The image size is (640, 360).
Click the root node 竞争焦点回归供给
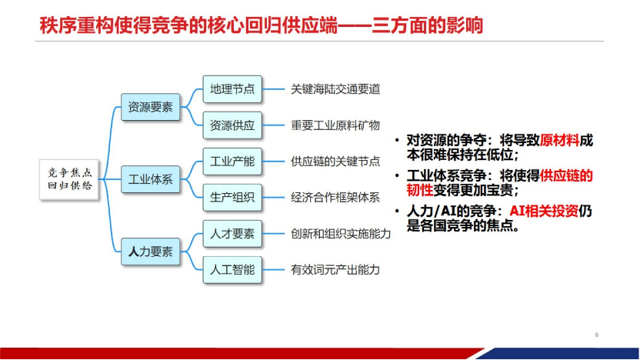(x=70, y=181)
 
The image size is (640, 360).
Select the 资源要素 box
(x=150, y=107)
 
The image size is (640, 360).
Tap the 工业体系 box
(x=150, y=180)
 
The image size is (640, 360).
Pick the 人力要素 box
(x=150, y=252)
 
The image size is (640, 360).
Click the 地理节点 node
(x=232, y=88)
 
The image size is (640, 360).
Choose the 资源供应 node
(x=232, y=125)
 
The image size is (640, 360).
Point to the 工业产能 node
(x=232, y=162)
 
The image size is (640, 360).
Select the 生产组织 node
(x=232, y=197)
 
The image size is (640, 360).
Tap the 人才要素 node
(x=232, y=234)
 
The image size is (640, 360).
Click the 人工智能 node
(x=232, y=269)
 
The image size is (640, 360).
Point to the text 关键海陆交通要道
(x=335, y=89)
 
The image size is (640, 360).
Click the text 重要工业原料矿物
(x=335, y=125)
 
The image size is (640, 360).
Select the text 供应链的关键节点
(x=335, y=162)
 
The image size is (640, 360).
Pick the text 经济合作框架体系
(x=335, y=198)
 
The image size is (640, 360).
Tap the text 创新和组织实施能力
(x=341, y=234)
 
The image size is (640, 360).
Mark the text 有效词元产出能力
(x=335, y=270)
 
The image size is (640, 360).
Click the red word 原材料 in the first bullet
(x=558, y=140)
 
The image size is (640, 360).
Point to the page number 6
(x=596, y=335)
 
